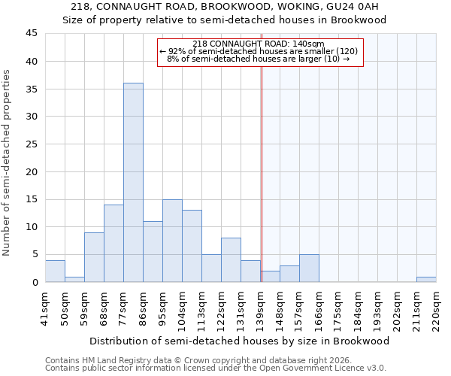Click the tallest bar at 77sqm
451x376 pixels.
[133, 183]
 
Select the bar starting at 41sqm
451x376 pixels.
[55, 271]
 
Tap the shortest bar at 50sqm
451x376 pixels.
[74, 279]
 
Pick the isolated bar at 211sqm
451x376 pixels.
[426, 279]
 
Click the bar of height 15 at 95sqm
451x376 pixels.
[172, 241]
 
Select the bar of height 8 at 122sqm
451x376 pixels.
[231, 260]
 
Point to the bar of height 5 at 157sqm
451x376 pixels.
[309, 268]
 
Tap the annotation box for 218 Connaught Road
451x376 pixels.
[260, 52]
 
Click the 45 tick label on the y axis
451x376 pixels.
[32, 34]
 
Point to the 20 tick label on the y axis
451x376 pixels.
[32, 171]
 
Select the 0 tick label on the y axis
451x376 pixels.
[35, 282]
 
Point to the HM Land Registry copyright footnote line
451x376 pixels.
[184, 360]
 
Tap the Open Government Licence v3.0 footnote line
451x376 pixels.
[216, 368]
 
